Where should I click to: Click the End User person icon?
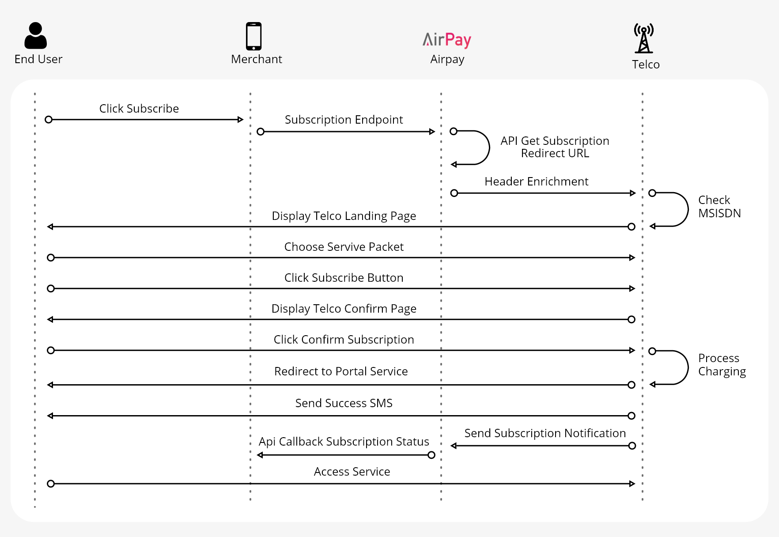35,36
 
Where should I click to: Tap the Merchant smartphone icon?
254,36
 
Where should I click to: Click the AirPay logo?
447,40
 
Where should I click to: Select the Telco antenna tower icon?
644,38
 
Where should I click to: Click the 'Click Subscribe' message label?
139,109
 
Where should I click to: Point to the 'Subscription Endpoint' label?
344,120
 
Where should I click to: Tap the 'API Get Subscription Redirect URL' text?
555,147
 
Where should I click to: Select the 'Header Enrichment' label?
536,182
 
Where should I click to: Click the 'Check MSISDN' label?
719,207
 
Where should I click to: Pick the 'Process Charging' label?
722,365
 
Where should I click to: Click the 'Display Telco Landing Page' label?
344,216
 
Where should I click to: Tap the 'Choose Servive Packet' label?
344,247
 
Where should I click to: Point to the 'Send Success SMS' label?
344,403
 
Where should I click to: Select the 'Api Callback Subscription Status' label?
344,442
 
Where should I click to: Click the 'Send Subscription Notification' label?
545,433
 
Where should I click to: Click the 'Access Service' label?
352,472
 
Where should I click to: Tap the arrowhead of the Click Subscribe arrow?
241,120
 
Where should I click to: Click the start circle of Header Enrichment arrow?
454,193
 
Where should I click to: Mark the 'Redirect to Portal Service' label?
341,371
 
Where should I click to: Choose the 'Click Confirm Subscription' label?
344,340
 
